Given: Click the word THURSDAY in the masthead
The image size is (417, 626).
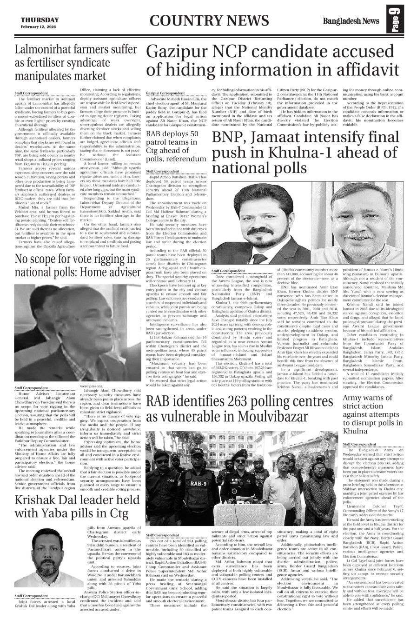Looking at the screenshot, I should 40,20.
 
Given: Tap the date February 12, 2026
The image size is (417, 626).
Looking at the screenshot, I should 40,26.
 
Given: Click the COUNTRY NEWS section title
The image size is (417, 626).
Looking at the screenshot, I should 209,21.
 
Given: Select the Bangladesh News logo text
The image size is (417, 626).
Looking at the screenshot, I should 351,21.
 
